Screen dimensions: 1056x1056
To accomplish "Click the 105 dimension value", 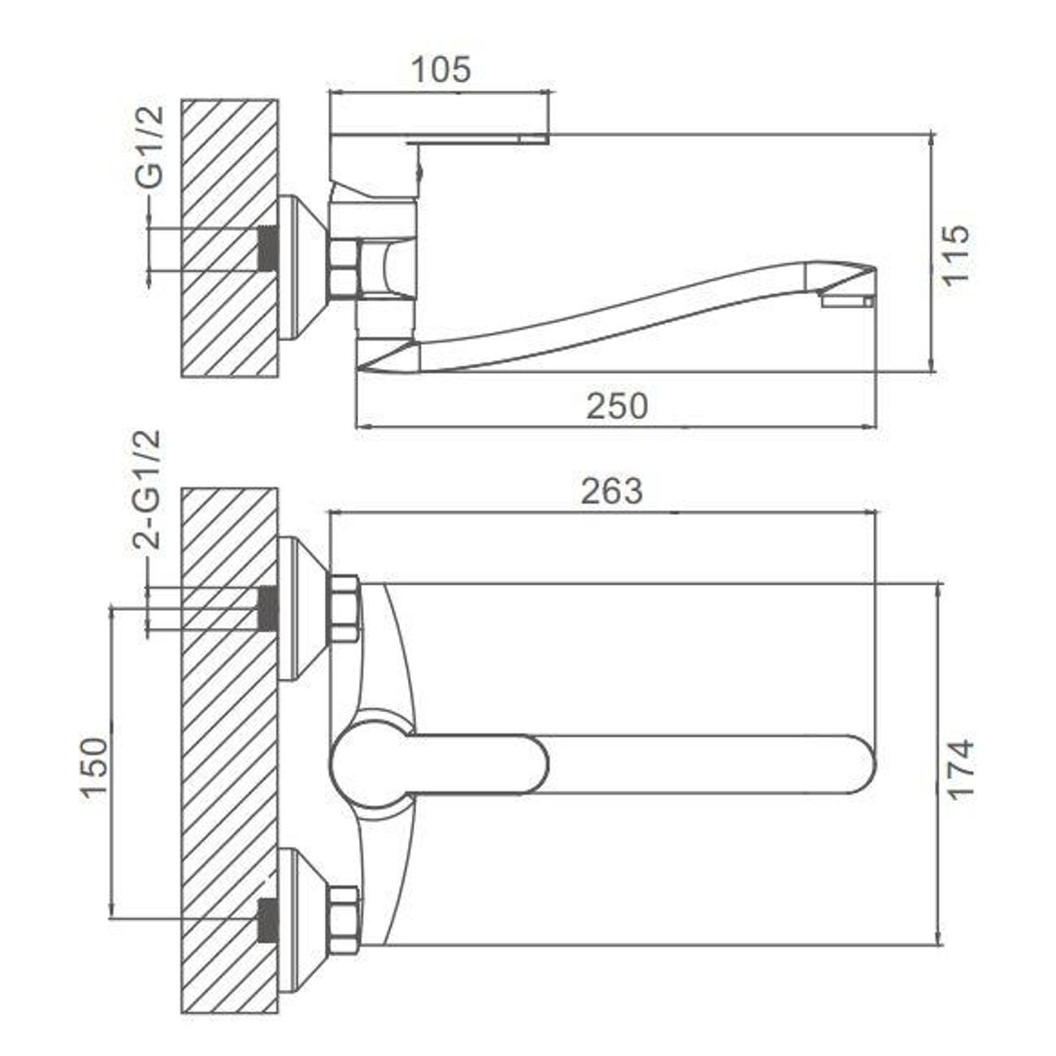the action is coord(440,70).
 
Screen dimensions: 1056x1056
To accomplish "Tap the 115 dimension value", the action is coord(956,253).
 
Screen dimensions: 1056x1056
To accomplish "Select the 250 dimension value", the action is coord(617,406).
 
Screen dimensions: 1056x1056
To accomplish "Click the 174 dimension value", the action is coord(961,771).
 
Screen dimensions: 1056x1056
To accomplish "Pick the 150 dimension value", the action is coord(93,771).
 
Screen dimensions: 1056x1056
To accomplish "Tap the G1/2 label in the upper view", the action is coord(149,147).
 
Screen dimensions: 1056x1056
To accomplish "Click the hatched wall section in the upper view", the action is coord(230,238).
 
